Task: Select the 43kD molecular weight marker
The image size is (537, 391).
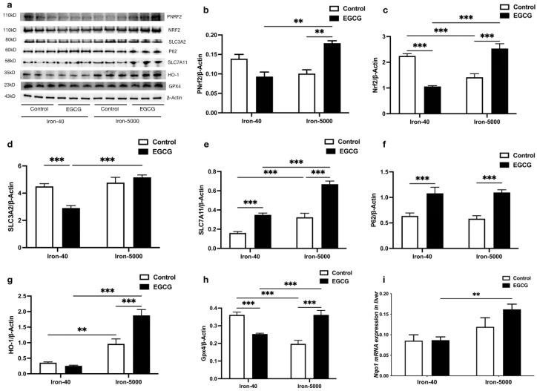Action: click(10, 96)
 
